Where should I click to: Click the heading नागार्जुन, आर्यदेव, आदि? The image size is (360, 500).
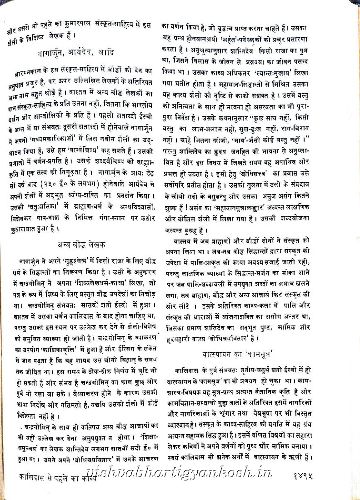click(76, 53)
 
